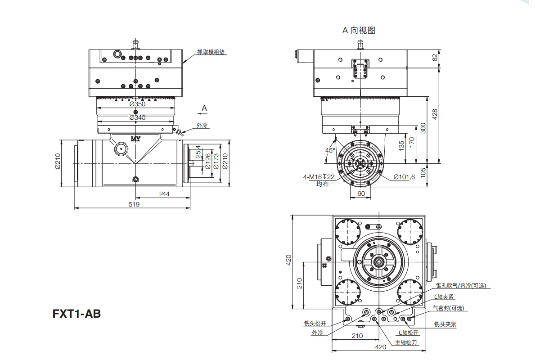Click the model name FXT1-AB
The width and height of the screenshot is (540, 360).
[76, 314]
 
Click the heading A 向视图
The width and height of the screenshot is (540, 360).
[359, 31]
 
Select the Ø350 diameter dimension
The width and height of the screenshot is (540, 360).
[137, 104]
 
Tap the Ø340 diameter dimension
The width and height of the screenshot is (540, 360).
[137, 117]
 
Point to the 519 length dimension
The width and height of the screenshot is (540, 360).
[134, 204]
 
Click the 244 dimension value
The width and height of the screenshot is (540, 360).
[164, 194]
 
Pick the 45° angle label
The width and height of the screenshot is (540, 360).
[330, 150]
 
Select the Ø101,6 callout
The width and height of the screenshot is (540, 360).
[404, 177]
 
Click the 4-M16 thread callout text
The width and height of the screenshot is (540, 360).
[319, 177]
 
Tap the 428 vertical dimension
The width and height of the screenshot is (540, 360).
[435, 114]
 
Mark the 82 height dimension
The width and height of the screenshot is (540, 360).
[435, 58]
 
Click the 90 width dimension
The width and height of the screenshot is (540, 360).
[361, 193]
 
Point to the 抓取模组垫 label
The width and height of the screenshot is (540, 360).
[211, 52]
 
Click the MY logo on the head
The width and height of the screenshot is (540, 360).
[136, 139]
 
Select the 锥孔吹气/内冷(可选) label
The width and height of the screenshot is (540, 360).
[461, 285]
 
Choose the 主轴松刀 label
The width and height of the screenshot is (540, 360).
[406, 342]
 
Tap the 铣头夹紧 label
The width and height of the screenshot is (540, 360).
[445, 324]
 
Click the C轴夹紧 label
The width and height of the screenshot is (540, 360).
[444, 297]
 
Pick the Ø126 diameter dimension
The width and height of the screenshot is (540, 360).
[208, 162]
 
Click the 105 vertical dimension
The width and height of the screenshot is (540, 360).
[423, 173]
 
